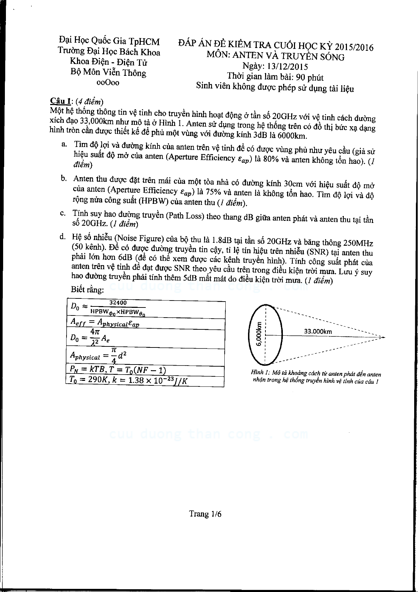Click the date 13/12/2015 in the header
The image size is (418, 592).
pyautogui.click(x=285, y=66)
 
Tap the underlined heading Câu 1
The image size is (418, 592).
pyautogui.click(x=60, y=101)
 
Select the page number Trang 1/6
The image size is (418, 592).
pyautogui.click(x=205, y=514)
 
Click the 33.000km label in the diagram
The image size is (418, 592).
pyautogui.click(x=318, y=331)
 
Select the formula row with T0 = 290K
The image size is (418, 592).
pyautogui.click(x=145, y=381)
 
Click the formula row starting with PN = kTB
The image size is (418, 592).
pyautogui.click(x=145, y=370)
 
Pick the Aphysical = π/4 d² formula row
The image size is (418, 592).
pyautogui.click(x=145, y=356)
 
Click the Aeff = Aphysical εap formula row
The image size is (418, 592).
pyautogui.click(x=145, y=323)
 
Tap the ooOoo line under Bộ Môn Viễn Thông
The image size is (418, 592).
pyautogui.click(x=108, y=82)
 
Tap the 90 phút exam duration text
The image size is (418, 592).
pyautogui.click(x=309, y=77)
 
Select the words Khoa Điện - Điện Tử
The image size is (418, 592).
pyautogui.click(x=108, y=62)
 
